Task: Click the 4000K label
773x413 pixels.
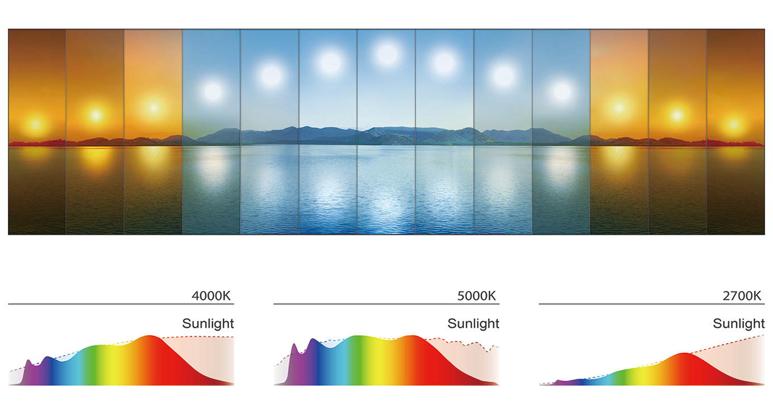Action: click(212, 296)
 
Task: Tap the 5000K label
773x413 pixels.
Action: click(476, 296)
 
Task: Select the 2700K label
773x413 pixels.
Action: click(742, 296)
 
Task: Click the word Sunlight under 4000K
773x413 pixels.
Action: click(208, 324)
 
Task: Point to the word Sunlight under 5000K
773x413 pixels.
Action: click(473, 324)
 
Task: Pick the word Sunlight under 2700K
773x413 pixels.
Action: click(739, 324)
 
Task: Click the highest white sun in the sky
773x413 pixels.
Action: click(388, 55)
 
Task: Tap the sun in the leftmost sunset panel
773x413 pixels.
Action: click(36, 123)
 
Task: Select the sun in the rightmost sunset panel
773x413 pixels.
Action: click(735, 123)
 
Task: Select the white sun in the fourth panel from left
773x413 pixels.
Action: click(213, 91)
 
